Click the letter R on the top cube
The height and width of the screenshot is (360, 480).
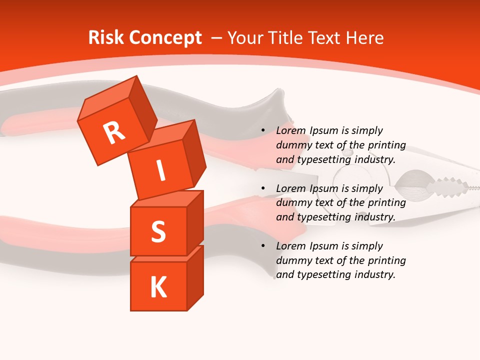pos(114,133)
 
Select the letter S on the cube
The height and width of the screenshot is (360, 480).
pos(158,231)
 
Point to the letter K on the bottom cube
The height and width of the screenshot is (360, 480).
pos(158,287)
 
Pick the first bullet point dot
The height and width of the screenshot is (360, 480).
pos(263,131)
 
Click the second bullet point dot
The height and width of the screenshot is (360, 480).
pos(263,188)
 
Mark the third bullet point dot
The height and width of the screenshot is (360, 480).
pos(263,246)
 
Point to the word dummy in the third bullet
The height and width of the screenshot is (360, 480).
pos(292,260)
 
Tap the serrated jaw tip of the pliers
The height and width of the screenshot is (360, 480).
pos(450,189)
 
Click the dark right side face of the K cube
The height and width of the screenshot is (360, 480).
pos(195,277)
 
